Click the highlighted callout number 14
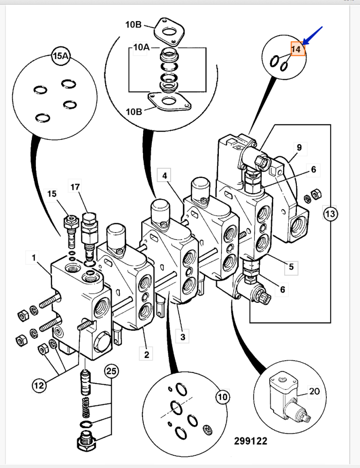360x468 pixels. pos(298,49)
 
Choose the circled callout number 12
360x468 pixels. pos(39,386)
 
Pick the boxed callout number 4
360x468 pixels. pos(165,176)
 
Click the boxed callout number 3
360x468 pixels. pos(183,336)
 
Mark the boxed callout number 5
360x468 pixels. pos(291,267)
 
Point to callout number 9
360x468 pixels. pos(299,147)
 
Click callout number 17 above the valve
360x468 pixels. pos(75,187)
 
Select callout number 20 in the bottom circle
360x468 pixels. pos(314,391)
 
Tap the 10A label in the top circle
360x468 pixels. pos(141,47)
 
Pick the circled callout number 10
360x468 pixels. pos(223,398)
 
